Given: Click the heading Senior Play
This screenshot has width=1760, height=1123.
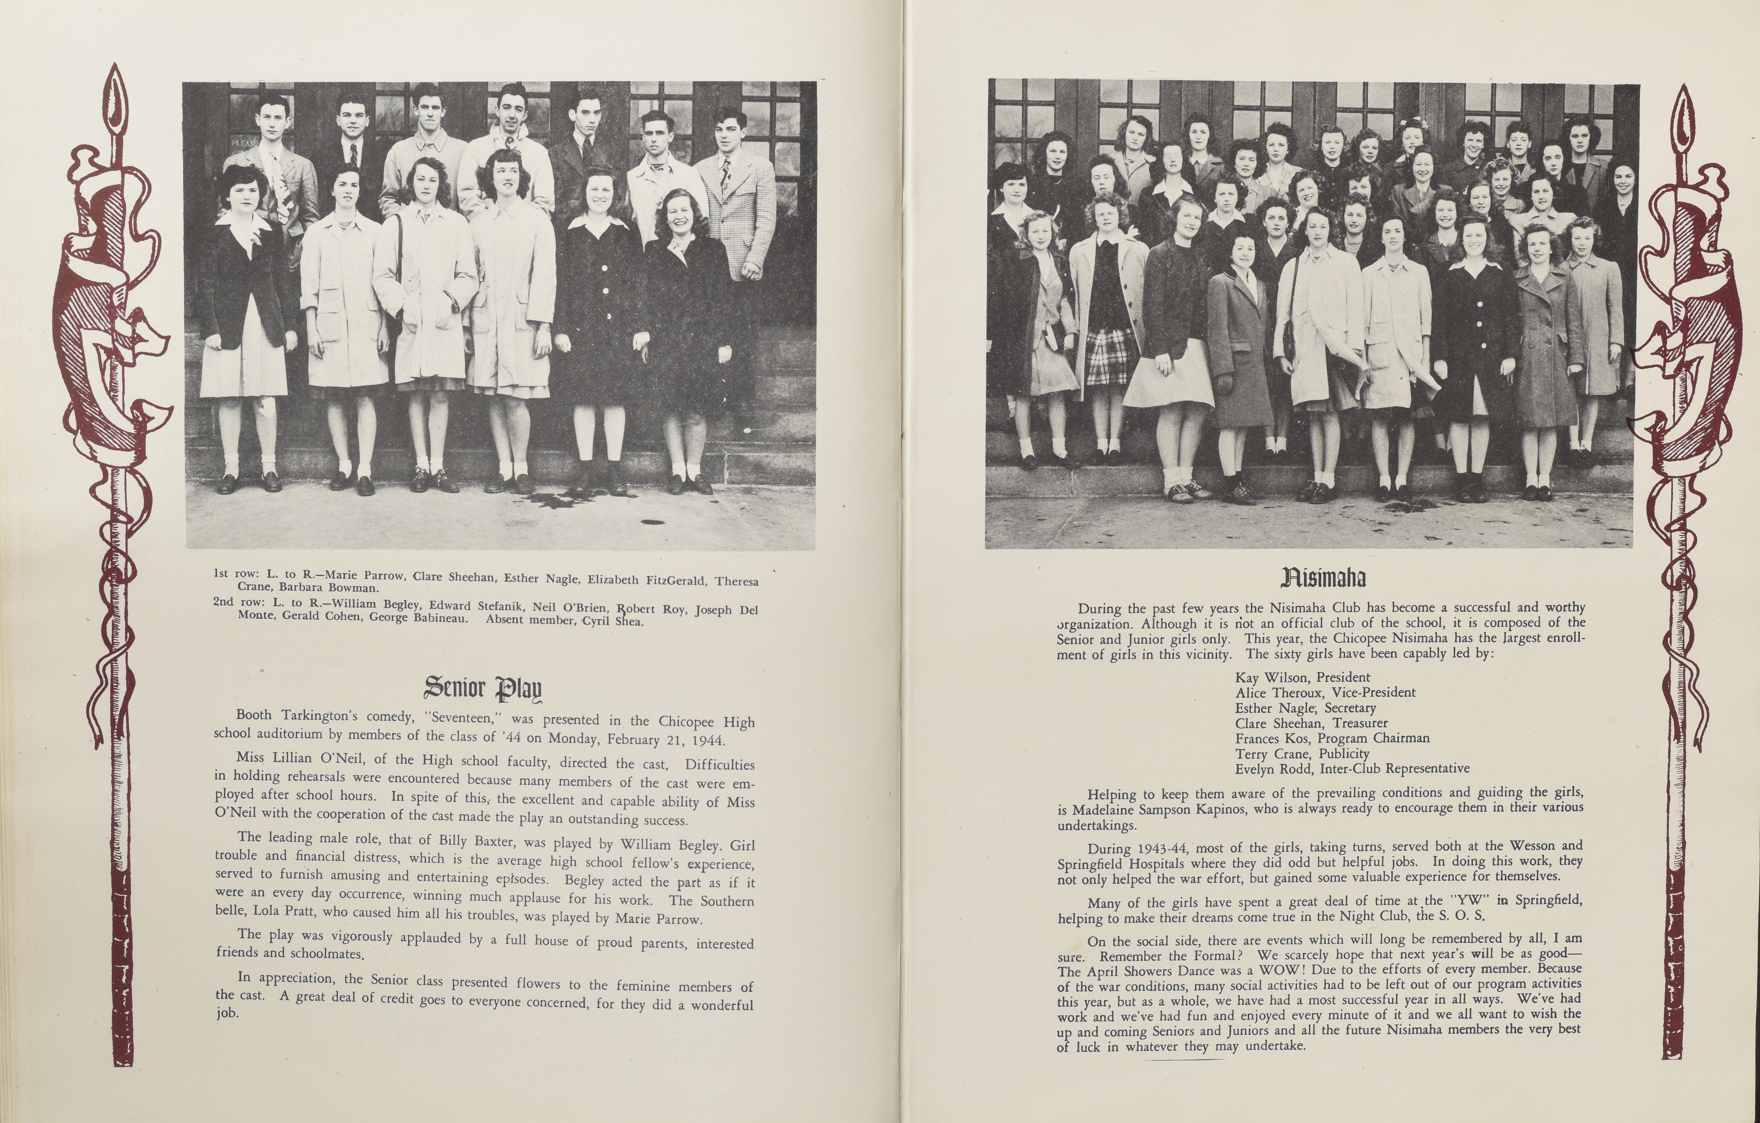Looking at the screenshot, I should tap(483, 688).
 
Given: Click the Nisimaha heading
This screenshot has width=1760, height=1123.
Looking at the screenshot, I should tap(1323, 578).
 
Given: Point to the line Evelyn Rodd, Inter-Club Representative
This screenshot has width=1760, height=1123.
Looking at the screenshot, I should tap(1352, 768).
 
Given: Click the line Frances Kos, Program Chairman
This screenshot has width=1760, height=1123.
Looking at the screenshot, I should tap(1332, 738).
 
